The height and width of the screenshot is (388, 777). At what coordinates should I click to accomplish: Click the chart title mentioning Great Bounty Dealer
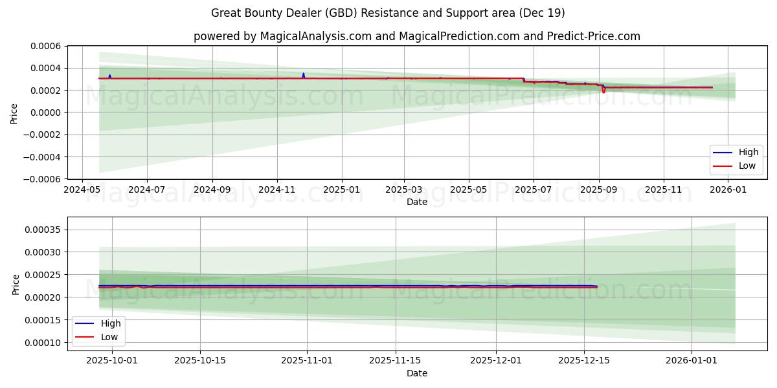388,13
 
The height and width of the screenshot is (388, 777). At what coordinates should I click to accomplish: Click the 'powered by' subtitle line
416,36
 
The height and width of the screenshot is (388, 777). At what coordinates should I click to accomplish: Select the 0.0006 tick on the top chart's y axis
46,46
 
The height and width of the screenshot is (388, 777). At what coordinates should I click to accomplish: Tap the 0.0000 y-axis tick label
46,113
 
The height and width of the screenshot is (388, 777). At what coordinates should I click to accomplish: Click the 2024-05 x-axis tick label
82,190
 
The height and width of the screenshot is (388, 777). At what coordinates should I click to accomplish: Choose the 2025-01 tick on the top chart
341,190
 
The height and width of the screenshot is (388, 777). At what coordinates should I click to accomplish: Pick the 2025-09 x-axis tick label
599,190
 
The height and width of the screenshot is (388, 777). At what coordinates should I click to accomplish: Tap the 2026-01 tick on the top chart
728,190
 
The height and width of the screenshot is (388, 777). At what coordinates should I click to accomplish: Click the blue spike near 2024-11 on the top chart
303,74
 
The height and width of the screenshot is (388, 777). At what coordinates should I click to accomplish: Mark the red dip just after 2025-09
603,92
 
